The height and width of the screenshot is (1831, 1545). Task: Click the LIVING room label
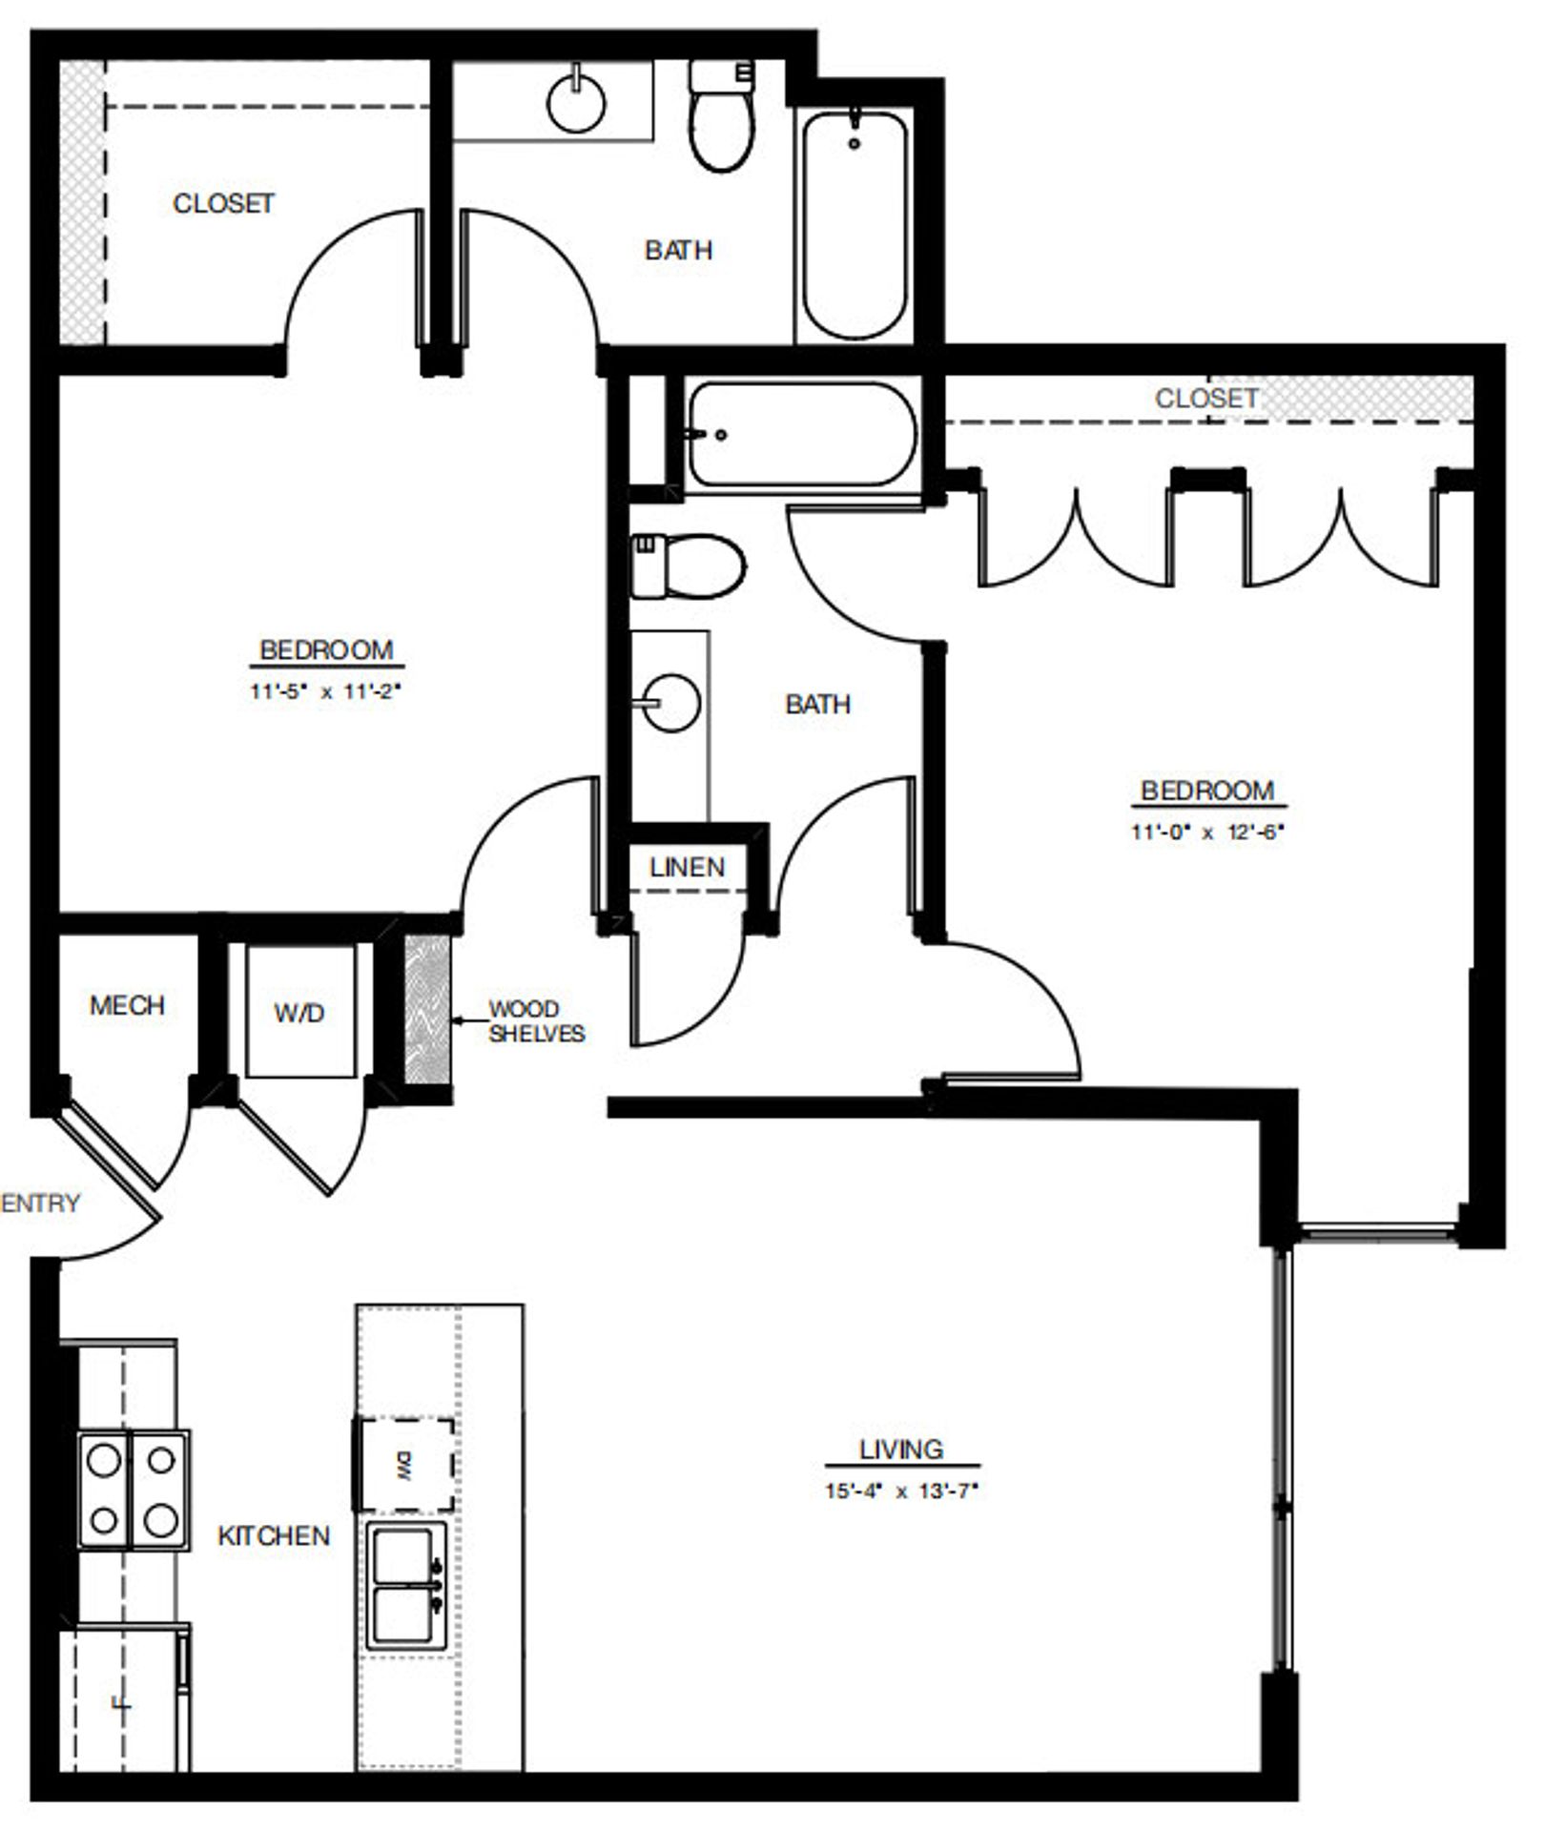[x=900, y=1449]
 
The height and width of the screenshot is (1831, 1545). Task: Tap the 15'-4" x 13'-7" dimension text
[x=901, y=1491]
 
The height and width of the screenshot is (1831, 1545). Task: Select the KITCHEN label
[x=274, y=1535]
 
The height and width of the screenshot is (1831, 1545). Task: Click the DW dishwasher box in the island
[x=404, y=1465]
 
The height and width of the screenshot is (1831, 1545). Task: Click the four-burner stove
[x=133, y=1489]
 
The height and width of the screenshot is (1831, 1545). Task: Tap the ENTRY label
[x=40, y=1203]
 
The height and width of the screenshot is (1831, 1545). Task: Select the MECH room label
[x=127, y=1005]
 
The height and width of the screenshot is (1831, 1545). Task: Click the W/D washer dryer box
[x=299, y=1013]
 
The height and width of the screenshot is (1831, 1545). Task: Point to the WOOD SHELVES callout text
[x=536, y=1021]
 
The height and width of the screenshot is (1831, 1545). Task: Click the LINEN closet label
[x=687, y=867]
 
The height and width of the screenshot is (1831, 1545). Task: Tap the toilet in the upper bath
[x=722, y=119]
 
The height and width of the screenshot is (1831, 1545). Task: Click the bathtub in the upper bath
[x=854, y=225]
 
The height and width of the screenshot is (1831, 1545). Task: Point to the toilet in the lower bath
[x=688, y=566]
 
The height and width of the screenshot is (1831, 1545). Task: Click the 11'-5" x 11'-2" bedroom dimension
[x=325, y=692]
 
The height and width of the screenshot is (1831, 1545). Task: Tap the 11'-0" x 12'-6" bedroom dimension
[x=1207, y=832]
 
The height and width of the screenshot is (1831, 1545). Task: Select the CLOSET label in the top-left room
[x=223, y=203]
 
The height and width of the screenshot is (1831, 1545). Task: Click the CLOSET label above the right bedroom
[x=1205, y=398]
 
